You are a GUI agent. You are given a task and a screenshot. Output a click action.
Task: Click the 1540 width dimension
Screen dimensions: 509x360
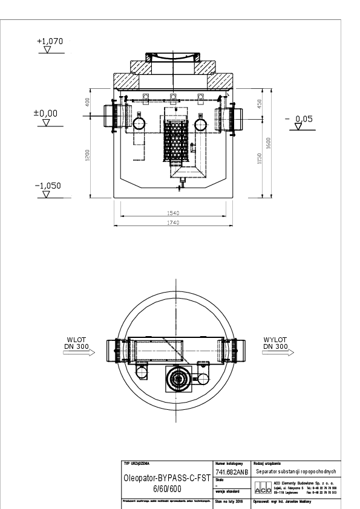(174, 212)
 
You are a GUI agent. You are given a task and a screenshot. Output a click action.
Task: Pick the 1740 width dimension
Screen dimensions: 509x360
(174, 223)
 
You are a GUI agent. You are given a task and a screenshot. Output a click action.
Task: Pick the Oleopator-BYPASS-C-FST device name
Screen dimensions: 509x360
(166, 477)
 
